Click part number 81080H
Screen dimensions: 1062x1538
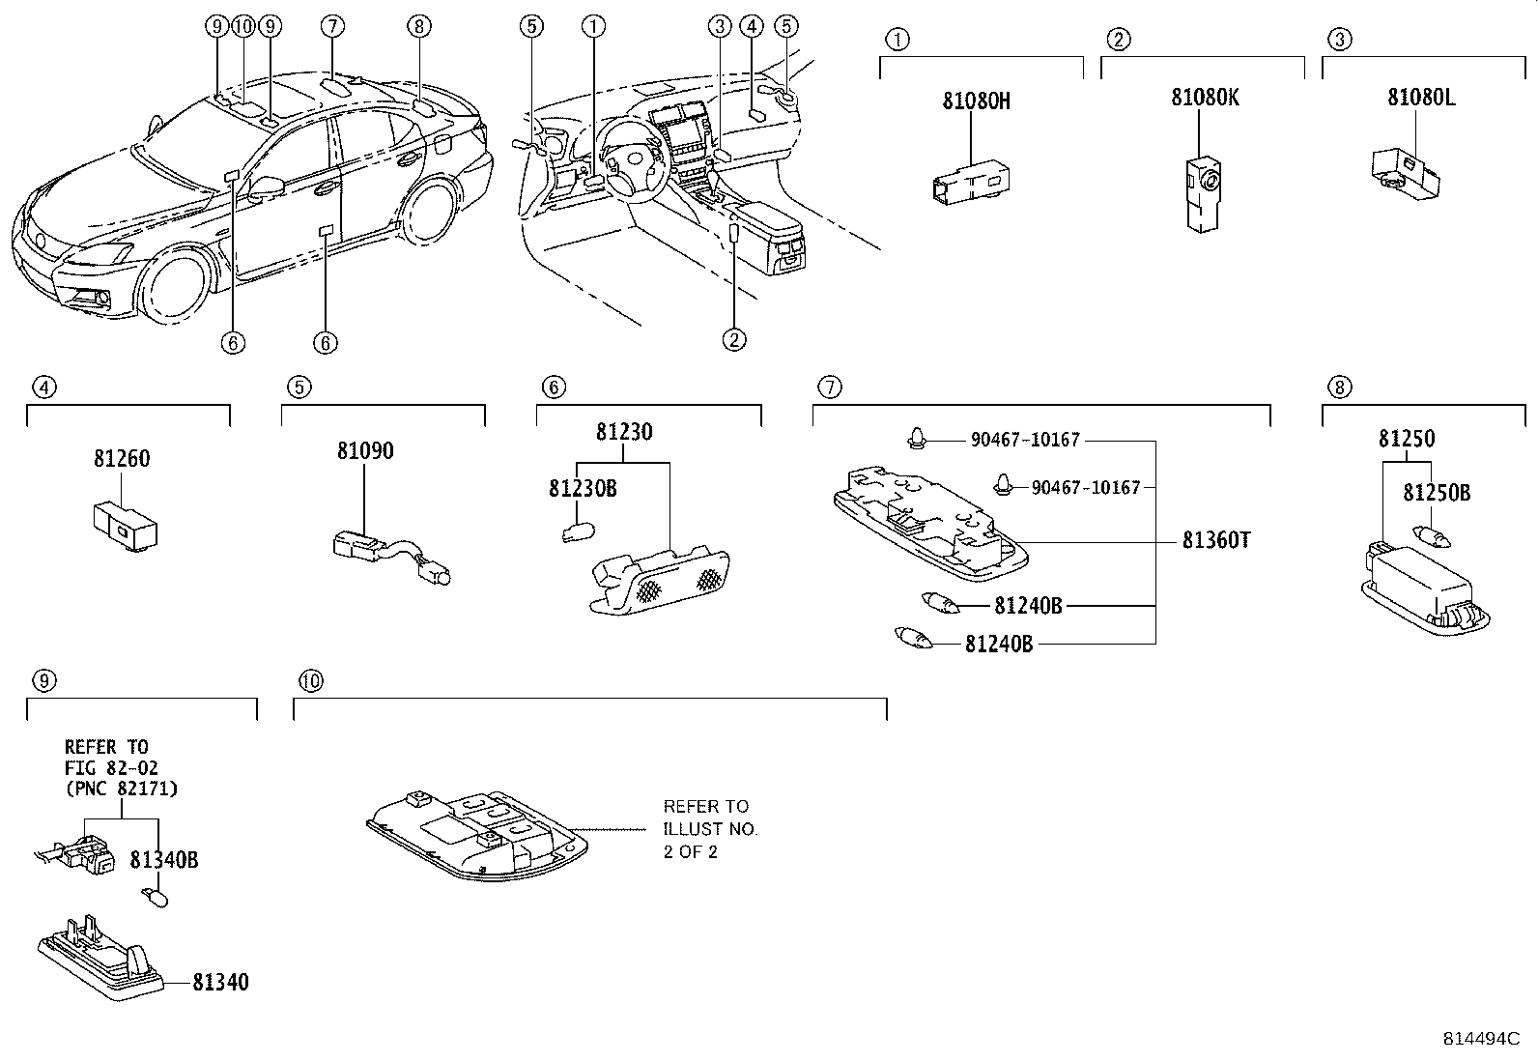tap(976, 100)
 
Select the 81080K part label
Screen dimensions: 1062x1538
tap(1205, 98)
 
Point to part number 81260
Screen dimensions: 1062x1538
tap(122, 460)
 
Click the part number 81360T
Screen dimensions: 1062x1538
tap(1215, 541)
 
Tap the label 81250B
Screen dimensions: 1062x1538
tap(1436, 493)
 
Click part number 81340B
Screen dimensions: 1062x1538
tap(164, 859)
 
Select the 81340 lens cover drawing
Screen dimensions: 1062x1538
tap(101, 958)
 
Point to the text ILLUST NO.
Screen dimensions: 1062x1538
tap(710, 829)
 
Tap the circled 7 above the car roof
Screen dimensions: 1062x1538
tap(331, 27)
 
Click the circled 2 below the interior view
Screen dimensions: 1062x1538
tap(734, 339)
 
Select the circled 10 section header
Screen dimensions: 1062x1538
tap(309, 681)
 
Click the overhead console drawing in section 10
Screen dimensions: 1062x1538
tap(477, 833)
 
